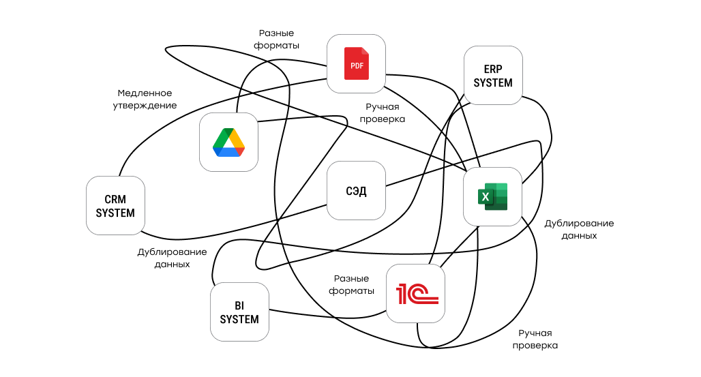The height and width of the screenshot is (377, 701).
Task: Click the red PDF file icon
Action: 356,63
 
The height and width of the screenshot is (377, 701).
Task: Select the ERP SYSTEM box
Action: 492,76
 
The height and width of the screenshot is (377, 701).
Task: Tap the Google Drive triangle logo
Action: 228,142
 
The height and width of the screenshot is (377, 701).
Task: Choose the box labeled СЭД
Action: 356,191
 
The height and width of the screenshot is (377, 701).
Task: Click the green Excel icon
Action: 492,196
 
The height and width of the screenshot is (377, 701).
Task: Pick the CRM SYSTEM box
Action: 115,206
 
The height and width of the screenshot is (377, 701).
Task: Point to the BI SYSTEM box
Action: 239,312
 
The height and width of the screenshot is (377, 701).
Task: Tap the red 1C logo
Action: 416,294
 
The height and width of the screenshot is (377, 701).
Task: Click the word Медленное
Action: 145,93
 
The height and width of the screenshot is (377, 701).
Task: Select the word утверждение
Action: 145,106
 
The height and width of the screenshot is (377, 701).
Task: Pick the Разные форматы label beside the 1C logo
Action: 351,285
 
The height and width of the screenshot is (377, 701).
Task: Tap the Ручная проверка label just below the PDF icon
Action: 385,112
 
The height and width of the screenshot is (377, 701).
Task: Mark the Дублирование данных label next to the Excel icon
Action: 579,229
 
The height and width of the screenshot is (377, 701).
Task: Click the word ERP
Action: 492,70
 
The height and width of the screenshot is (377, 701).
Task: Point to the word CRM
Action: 115,200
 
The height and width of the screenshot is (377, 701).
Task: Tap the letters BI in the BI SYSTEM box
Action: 239,305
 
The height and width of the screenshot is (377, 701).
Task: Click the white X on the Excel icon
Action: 486,197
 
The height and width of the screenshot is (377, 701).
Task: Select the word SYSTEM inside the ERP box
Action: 492,82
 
